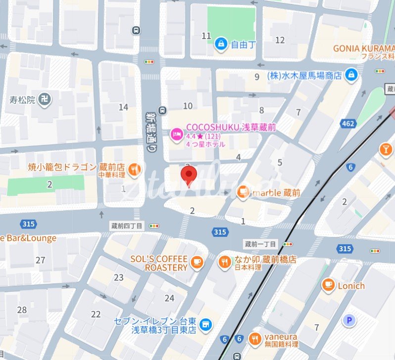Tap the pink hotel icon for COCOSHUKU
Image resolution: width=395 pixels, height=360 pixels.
pos(176,134)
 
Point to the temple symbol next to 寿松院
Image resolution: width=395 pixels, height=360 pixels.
pos(45,99)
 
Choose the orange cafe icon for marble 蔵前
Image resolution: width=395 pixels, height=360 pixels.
pos(243,192)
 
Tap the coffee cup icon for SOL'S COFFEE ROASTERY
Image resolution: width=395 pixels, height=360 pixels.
pos(197,263)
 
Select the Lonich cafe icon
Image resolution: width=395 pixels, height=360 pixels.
pos(328,285)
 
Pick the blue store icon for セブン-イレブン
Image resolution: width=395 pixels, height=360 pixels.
pos(206,324)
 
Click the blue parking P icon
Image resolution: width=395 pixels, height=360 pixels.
pos(349,321)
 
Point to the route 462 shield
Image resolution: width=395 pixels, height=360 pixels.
pos(348,123)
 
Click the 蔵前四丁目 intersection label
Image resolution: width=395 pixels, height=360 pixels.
pos(126,225)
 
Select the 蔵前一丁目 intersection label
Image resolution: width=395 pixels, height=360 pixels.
pos(261,244)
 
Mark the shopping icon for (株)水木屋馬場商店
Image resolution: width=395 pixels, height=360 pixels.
pos(351,75)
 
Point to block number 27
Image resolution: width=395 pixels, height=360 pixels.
pos(41,260)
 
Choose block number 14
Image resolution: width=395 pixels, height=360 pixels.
pos(123,107)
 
